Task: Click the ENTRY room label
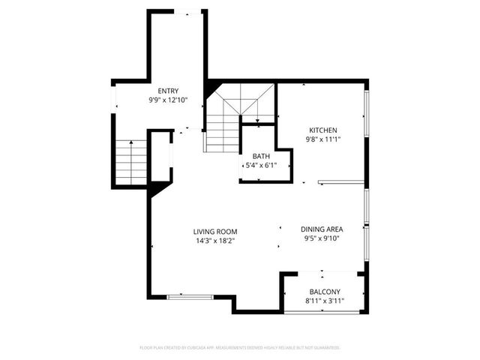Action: [168, 90]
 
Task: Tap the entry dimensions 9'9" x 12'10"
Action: [168, 99]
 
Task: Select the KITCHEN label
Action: [322, 130]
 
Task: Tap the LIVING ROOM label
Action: [215, 231]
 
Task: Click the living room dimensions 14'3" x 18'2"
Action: [215, 241]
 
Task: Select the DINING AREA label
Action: [322, 229]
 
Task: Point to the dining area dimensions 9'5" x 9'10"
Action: [322, 239]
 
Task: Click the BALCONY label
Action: [325, 292]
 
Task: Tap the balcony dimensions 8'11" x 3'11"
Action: [325, 301]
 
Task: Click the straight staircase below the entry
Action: [130, 162]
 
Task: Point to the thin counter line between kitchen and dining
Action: [341, 181]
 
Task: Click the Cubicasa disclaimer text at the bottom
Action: [240, 348]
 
